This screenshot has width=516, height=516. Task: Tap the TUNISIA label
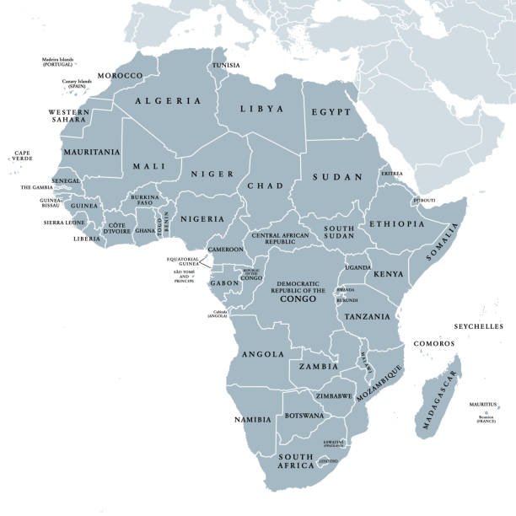(x=224, y=65)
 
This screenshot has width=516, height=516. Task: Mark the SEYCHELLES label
(x=477, y=326)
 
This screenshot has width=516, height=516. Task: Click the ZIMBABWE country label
(x=334, y=395)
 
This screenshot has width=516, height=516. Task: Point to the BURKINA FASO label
(x=144, y=201)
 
